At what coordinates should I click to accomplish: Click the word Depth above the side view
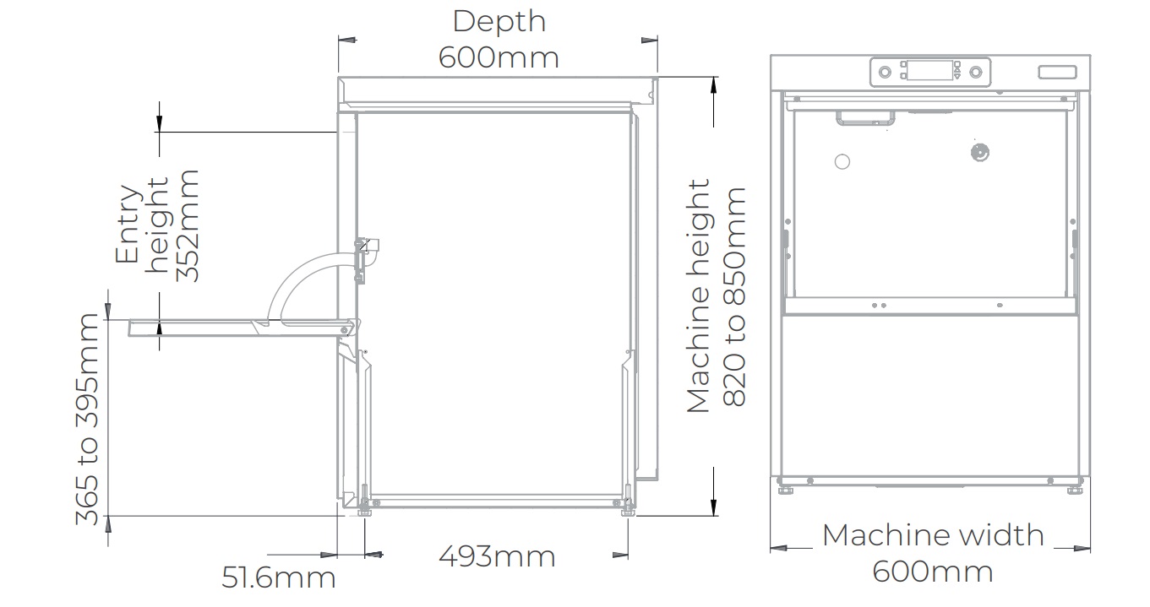(499, 22)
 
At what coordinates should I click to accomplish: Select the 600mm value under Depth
(499, 57)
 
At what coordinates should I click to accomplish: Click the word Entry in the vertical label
(128, 224)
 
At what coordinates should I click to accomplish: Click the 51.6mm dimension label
(279, 578)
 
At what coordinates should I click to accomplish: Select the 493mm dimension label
(497, 557)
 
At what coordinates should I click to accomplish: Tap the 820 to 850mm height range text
(734, 297)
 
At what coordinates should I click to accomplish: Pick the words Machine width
(932, 535)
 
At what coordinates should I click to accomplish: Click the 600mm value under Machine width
(932, 572)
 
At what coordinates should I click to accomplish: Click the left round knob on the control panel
(885, 73)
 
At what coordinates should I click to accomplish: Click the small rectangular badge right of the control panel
(1057, 73)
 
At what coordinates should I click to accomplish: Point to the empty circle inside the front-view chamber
(842, 161)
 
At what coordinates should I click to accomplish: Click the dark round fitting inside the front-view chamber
(979, 153)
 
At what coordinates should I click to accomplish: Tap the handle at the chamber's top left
(864, 119)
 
